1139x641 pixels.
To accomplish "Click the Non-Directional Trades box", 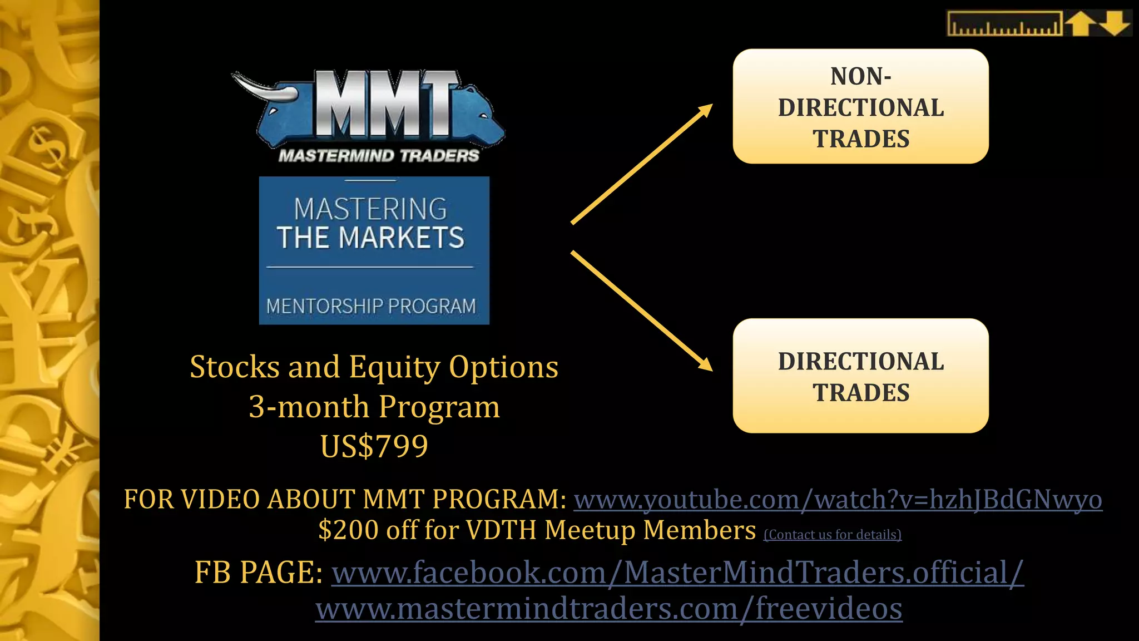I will tap(860, 106).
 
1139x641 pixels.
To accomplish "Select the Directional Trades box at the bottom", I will tap(860, 376).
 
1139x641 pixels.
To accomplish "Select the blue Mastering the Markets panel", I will tap(374, 250).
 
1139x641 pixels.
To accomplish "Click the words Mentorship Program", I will tap(371, 306).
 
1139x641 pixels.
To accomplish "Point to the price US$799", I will tap(374, 446).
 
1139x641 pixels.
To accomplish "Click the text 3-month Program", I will tap(374, 407).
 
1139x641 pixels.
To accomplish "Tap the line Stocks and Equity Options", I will tap(374, 367).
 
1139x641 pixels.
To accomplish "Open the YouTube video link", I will tap(838, 499).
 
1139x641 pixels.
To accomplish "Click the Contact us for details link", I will tap(832, 535).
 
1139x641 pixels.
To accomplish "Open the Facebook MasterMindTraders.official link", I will tap(677, 573).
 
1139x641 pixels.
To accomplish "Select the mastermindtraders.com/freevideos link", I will tap(608, 609).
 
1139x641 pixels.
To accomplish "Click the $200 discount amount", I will tap(349, 530).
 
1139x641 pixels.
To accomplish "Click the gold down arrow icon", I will tap(1115, 24).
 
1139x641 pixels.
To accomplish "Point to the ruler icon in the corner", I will tap(1004, 24).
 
